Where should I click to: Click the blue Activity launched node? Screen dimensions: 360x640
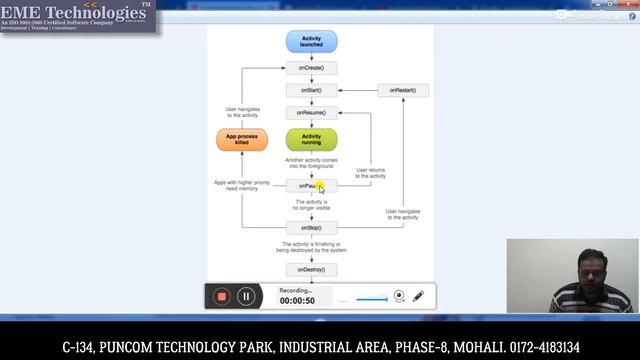311,41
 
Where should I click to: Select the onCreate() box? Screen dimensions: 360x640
311,68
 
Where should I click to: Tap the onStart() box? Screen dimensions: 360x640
311,90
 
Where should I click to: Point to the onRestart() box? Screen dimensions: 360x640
403,90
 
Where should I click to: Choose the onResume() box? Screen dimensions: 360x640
311,112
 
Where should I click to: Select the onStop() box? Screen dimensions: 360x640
311,227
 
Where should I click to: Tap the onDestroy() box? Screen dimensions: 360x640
311,269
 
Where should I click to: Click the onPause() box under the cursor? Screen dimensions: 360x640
308,185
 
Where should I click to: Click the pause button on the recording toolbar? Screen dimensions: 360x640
245,296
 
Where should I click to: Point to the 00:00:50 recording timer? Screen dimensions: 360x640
297,301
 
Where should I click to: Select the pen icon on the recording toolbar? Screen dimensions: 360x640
419,296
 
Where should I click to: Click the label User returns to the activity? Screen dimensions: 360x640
370,173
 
